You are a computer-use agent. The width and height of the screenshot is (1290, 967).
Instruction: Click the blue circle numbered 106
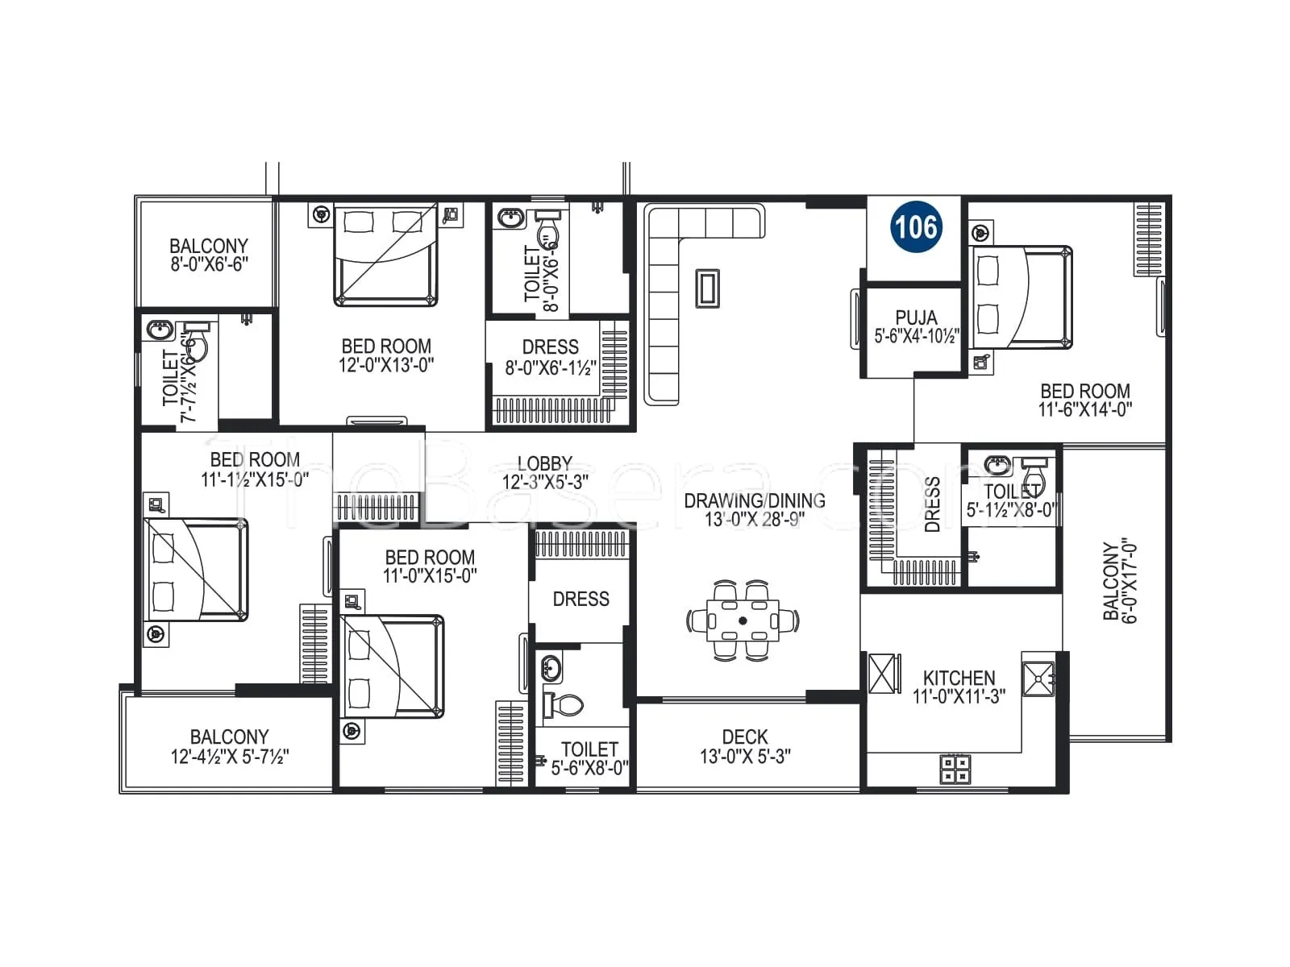click(916, 226)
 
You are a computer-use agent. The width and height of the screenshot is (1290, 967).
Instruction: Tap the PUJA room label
click(916, 317)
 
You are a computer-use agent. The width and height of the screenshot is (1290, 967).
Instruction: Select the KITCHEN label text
click(959, 679)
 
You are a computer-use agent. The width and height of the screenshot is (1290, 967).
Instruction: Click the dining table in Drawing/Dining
click(743, 620)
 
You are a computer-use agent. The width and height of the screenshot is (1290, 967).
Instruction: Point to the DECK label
click(745, 737)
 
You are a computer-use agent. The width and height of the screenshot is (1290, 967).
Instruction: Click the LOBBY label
click(545, 463)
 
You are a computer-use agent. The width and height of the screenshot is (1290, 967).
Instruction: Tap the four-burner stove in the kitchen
click(955, 769)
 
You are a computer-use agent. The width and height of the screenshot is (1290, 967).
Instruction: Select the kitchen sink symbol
click(1038, 679)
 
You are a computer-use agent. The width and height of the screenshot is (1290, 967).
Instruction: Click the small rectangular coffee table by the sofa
click(708, 288)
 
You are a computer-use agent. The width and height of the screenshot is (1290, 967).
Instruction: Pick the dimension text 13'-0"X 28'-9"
click(755, 520)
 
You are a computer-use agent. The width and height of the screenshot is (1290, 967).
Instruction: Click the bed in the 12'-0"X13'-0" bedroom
click(385, 254)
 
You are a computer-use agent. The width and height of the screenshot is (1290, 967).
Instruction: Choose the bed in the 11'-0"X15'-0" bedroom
click(393, 666)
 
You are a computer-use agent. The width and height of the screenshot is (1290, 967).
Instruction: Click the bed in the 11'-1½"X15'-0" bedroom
click(196, 570)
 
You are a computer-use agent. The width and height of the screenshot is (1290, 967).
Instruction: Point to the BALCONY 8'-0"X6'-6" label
click(209, 255)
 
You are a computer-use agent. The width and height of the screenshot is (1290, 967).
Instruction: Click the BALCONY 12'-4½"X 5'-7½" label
click(229, 746)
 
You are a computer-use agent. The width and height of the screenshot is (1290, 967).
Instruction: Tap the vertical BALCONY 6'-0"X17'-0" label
click(1121, 581)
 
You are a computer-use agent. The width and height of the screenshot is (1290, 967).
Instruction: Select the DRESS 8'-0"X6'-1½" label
click(551, 357)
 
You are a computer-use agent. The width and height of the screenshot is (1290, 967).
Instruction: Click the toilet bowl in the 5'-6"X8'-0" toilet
click(563, 706)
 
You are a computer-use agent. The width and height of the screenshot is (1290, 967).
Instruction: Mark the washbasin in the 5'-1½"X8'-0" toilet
click(998, 466)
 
